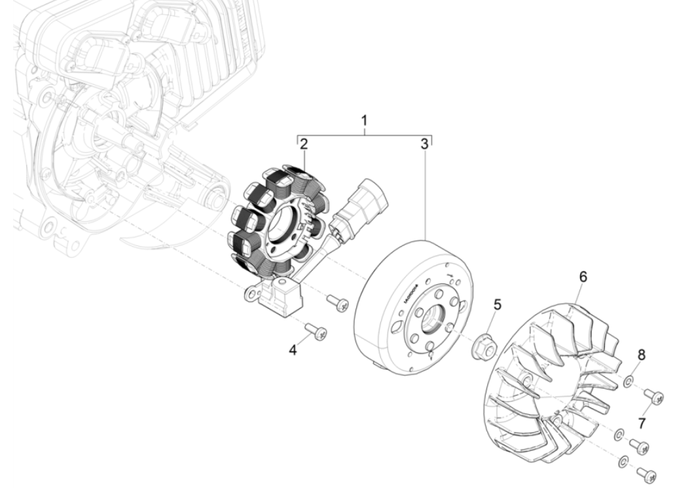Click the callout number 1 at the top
(364, 121)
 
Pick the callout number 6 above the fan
(583, 276)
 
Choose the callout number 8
(641, 356)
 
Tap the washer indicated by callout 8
(628, 380)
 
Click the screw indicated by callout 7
(654, 396)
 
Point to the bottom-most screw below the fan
(647, 474)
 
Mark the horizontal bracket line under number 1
(364, 134)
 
